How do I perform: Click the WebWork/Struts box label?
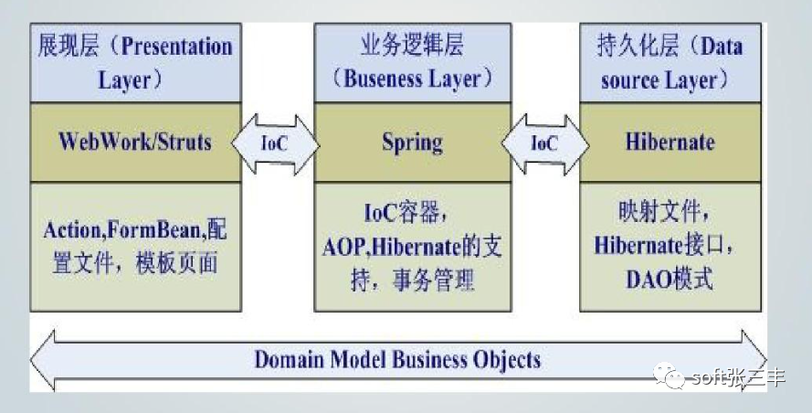pos(134,142)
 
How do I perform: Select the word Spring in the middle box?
pos(412,143)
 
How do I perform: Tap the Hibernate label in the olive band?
pos(670,143)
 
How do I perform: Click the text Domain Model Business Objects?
pos(397,358)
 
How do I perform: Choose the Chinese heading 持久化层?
pos(627,46)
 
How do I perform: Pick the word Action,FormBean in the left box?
pos(125,229)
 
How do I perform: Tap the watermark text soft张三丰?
pos(738,377)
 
